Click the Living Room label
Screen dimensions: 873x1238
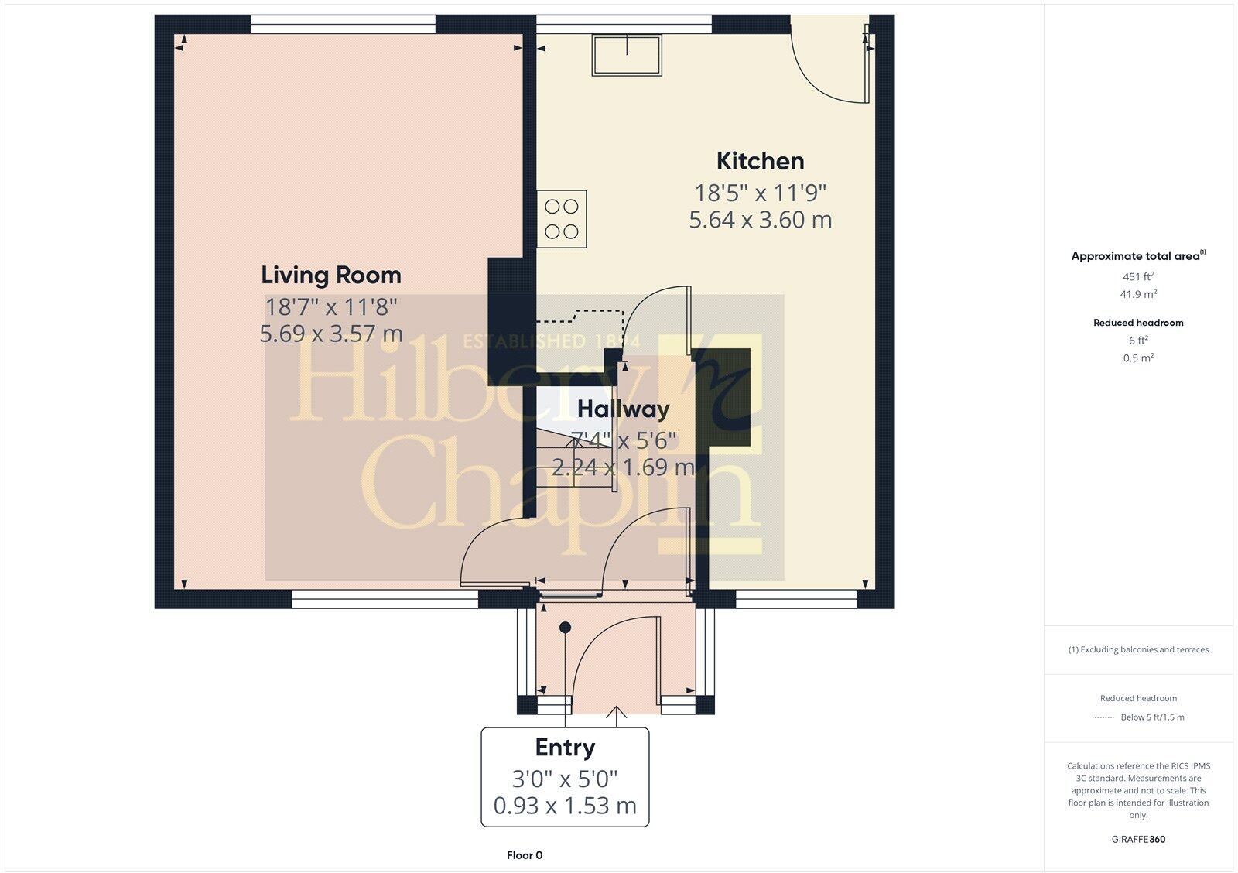(330, 276)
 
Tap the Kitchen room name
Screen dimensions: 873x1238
(760, 161)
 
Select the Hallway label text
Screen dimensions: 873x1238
(623, 409)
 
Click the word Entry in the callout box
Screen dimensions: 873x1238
(565, 748)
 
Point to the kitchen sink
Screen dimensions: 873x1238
(627, 55)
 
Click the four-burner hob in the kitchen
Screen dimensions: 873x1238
(562, 219)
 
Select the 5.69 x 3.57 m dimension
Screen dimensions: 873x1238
(331, 334)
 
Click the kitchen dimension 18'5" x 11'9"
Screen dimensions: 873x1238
(760, 193)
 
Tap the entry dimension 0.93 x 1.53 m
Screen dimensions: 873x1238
(565, 806)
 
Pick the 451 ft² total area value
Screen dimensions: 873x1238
(1138, 276)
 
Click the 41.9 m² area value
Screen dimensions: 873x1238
(1138, 294)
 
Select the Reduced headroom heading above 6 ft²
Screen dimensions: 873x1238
(1138, 323)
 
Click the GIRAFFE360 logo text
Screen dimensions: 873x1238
(1138, 839)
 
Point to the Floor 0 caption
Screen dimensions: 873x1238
(525, 855)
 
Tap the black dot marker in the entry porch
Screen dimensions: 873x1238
(566, 627)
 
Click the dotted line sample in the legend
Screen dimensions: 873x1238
(1103, 718)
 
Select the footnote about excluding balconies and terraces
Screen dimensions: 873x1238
(1138, 650)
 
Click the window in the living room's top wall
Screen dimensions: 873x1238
(343, 25)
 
